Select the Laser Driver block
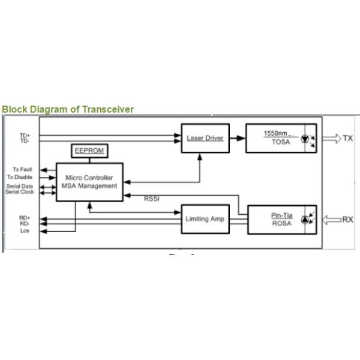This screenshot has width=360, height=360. point(206,138)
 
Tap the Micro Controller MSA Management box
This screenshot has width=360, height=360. point(89,182)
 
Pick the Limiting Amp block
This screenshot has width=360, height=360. point(205,219)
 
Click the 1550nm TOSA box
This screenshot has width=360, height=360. point(281,138)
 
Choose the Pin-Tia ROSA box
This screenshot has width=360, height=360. point(281,220)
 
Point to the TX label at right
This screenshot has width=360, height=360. point(348,139)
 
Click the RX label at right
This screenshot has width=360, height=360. point(348,220)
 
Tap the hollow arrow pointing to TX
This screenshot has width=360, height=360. point(331,139)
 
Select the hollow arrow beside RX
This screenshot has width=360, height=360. point(331,220)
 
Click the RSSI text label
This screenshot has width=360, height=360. point(152,199)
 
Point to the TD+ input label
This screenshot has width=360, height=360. point(25,136)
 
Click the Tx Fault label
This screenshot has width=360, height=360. point(23,170)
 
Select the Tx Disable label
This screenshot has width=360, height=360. point(20,177)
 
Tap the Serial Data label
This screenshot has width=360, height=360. point(20,186)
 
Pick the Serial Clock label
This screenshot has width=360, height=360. point(20,192)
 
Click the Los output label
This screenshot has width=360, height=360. point(25,230)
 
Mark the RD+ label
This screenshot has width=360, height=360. point(25,218)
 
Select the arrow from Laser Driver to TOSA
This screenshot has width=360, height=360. point(238,138)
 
